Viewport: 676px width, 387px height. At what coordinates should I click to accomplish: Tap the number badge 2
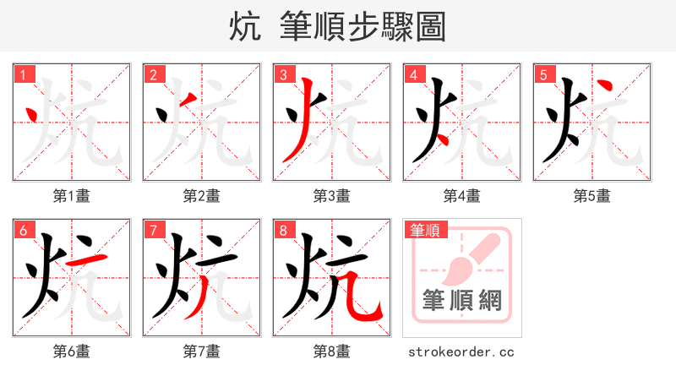coord(154,74)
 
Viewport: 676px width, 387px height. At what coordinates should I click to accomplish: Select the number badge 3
coord(284,74)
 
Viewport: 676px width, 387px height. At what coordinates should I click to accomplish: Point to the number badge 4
coord(414,74)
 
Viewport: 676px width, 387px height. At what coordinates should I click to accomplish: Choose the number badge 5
coord(544,74)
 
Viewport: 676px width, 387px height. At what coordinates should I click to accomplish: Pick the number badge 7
coord(154,230)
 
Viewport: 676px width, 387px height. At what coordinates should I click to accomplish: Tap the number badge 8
coord(284,230)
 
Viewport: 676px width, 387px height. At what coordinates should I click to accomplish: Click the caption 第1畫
coord(72,196)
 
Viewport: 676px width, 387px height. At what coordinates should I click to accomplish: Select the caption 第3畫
coord(332,196)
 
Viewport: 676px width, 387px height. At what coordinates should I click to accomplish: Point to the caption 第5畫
coord(592,196)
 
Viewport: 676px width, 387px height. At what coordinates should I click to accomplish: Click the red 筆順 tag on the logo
coord(425,230)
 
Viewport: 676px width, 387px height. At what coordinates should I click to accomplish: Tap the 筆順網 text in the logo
coord(461,300)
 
